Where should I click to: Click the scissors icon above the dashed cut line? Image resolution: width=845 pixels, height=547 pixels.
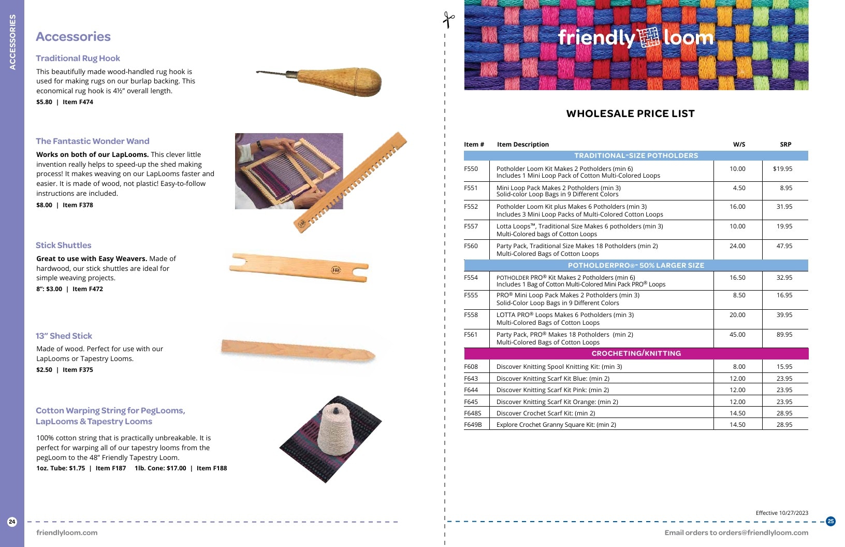(448, 20)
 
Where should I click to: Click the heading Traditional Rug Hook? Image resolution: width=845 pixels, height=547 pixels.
(78, 58)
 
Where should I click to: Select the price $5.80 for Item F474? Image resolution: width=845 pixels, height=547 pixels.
(44, 102)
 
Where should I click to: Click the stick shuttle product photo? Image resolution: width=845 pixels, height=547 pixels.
(299, 268)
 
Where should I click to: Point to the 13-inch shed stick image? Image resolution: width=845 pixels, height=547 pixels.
(298, 351)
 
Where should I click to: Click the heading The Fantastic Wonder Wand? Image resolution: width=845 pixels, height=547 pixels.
(92, 141)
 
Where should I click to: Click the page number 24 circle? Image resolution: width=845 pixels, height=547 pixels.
(12, 522)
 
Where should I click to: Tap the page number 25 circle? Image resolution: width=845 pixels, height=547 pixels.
(831, 521)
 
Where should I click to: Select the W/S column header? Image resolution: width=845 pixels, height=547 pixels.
(739, 144)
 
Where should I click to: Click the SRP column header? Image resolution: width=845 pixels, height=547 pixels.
(785, 144)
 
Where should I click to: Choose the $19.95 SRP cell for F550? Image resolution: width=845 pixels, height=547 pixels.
(782, 169)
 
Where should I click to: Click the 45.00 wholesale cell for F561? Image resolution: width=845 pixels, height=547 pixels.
(737, 335)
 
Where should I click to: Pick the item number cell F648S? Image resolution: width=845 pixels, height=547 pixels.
(473, 413)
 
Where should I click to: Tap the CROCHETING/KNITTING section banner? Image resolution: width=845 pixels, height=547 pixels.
(636, 353)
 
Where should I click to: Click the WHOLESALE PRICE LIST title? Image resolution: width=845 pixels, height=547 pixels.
(630, 113)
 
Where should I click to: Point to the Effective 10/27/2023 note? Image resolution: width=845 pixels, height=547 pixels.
(782, 513)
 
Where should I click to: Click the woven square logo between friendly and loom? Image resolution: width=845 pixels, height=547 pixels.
(648, 37)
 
